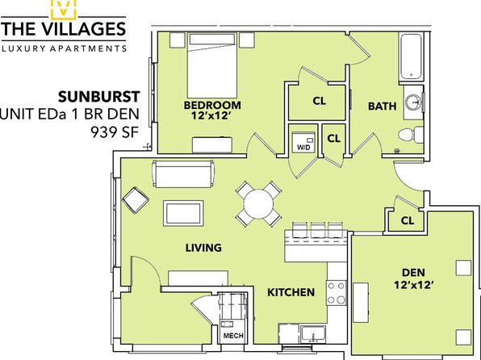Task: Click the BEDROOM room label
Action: pyautogui.click(x=212, y=105)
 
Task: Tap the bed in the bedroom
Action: pyautogui.click(x=212, y=65)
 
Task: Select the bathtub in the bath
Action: pyautogui.click(x=411, y=57)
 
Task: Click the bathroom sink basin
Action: pyautogui.click(x=412, y=103)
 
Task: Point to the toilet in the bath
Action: pyautogui.click(x=411, y=135)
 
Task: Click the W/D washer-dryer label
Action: pyautogui.click(x=303, y=148)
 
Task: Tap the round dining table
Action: pyautogui.click(x=258, y=203)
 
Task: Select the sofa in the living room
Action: pyautogui.click(x=183, y=174)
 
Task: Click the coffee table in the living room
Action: pyautogui.click(x=183, y=213)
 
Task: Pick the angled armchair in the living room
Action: pyautogui.click(x=136, y=200)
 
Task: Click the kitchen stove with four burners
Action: pyautogui.click(x=337, y=292)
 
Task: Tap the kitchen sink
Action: pyautogui.click(x=313, y=334)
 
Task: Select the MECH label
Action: pyautogui.click(x=233, y=336)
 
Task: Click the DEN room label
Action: pyautogui.click(x=413, y=272)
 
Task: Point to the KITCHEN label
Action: pyautogui.click(x=291, y=292)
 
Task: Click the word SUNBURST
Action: pyautogui.click(x=98, y=97)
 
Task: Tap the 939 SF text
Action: pyautogui.click(x=115, y=132)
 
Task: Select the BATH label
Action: pyautogui.click(x=382, y=107)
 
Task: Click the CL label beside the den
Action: pyautogui.click(x=408, y=220)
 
